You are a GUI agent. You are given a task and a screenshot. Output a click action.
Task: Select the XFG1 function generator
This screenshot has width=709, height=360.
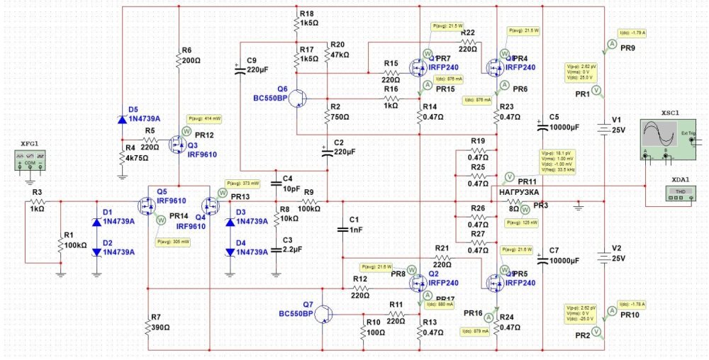click(29, 163)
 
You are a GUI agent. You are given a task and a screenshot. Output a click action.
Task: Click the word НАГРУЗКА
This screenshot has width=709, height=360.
click(518, 192)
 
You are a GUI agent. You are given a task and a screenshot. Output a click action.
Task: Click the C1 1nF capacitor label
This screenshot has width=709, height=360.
click(354, 224)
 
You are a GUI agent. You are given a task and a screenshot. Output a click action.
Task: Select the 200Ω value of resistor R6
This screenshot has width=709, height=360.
click(189, 61)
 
